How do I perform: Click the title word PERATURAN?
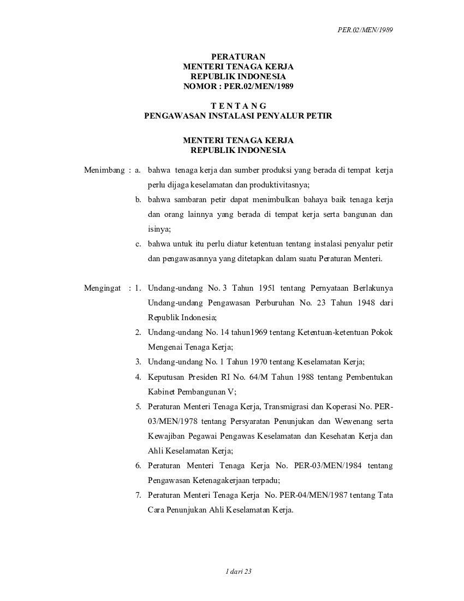tap(237, 56)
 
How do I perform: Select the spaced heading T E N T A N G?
tap(238, 105)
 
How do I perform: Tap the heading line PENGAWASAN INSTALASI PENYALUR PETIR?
tap(238, 115)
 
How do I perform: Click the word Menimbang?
tap(105, 170)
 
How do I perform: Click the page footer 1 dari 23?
tap(238, 571)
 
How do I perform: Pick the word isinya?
tap(159, 229)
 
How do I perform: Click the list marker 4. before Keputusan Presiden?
tap(139, 376)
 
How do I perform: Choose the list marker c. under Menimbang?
tap(139, 244)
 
